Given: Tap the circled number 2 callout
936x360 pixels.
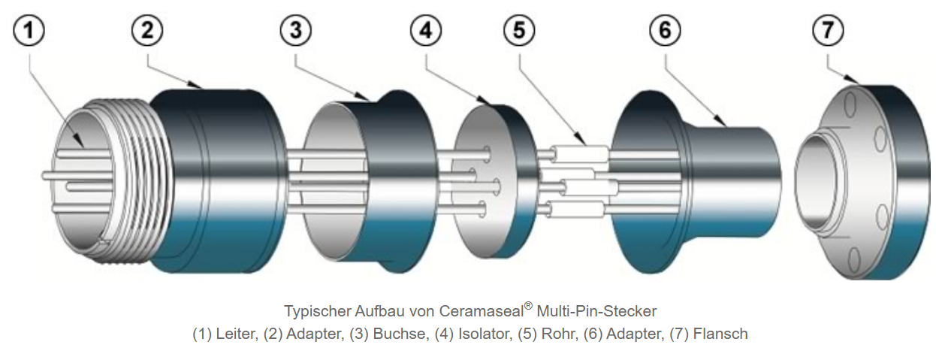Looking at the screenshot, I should [x=147, y=32].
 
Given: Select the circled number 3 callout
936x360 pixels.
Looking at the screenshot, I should [x=295, y=32].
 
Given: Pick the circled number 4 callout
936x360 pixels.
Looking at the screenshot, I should [x=426, y=32].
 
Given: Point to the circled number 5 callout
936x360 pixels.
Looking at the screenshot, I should [x=518, y=32].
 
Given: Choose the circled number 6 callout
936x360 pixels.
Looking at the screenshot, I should [x=665, y=32].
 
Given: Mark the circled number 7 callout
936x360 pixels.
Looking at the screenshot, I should [x=827, y=32].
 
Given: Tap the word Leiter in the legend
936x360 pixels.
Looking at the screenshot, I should [x=235, y=334].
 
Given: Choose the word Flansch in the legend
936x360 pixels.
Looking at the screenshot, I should [x=720, y=334].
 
